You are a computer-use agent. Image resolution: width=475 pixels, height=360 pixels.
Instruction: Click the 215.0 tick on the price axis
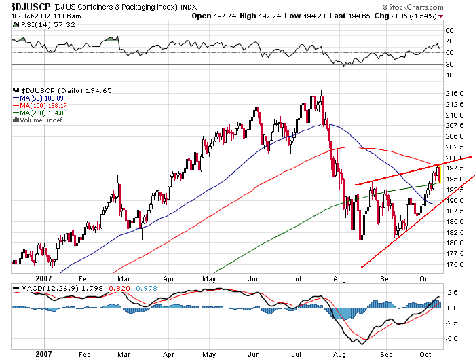454,93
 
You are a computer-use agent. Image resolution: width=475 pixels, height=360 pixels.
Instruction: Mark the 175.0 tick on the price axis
454,264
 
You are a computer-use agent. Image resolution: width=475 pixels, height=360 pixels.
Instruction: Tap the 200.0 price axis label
454,158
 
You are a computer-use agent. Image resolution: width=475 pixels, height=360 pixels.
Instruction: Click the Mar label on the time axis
123,278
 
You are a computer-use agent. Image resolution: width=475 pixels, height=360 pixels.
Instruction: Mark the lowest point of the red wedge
362,267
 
